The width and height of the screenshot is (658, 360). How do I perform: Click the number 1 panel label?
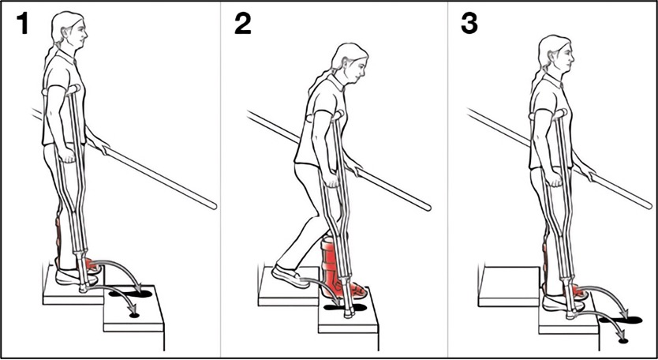tap(22, 24)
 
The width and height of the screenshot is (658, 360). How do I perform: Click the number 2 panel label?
tap(242, 24)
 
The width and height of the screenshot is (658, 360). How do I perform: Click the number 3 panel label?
tap(469, 24)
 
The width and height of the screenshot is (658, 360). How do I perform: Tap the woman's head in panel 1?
tap(70, 31)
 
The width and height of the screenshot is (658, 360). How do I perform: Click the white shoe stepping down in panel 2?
tap(290, 276)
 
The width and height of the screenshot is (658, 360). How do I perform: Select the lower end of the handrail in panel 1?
tap(213, 206)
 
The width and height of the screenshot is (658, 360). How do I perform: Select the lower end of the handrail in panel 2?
tap(428, 207)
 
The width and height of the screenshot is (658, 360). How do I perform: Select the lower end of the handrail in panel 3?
tap(649, 205)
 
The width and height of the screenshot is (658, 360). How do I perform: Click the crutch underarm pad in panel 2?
tap(337, 114)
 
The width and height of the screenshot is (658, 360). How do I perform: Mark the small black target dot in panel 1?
tap(134, 315)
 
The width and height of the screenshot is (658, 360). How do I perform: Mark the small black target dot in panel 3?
tap(623, 341)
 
